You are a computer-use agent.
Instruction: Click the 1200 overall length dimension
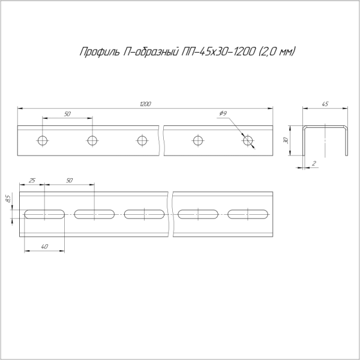point(145,104)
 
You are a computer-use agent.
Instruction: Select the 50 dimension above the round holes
point(67,114)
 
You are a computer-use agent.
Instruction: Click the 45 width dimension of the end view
point(325,104)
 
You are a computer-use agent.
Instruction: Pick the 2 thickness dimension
point(314,163)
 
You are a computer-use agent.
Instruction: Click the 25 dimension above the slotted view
point(32,180)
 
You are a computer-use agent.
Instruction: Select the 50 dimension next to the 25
point(69,180)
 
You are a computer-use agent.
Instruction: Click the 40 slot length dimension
point(44,246)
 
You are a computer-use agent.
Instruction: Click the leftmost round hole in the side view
point(42,140)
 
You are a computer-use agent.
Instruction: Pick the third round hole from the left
point(142,140)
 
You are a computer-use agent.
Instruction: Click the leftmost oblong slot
point(44,214)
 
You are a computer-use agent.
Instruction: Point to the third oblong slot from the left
point(145,214)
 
